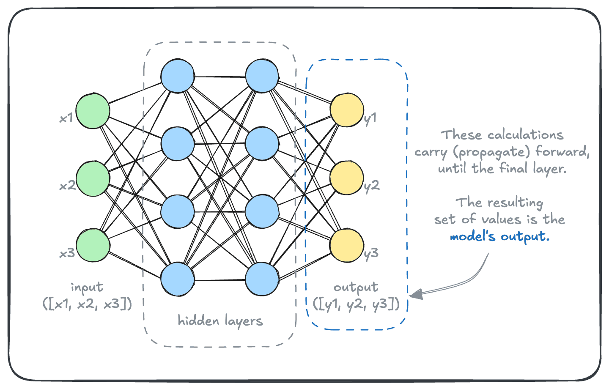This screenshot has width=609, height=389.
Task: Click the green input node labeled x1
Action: coord(93,111)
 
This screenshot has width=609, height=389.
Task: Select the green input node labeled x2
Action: coord(93,178)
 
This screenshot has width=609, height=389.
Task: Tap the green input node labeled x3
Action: coord(93,246)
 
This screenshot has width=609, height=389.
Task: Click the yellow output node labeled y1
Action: coord(347,111)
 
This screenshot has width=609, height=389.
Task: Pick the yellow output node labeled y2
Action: coord(347,178)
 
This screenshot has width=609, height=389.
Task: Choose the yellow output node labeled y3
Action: coord(347,246)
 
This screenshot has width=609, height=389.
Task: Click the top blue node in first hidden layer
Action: coord(178,76)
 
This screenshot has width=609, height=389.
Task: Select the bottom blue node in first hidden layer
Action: coord(178,279)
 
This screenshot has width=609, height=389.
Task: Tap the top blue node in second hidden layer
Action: coord(262,76)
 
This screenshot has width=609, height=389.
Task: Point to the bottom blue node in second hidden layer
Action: coord(262,279)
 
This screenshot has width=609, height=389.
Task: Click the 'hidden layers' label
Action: coord(220,321)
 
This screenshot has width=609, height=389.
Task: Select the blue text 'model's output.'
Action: coord(499,236)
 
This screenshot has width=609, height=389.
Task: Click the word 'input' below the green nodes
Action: coord(87,288)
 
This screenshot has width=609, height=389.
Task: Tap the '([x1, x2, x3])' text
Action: coord(87,304)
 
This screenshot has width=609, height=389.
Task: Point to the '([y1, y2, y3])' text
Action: coord(356,304)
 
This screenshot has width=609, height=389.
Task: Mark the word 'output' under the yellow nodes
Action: coord(356,288)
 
